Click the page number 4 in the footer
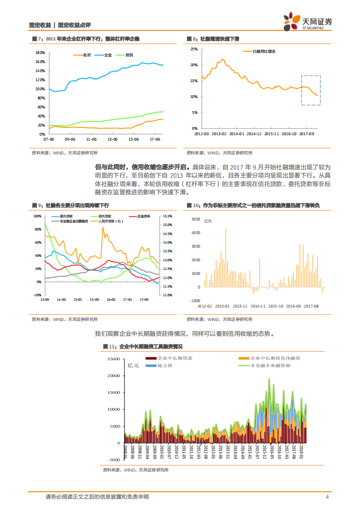[327, 497]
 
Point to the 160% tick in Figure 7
[39, 62]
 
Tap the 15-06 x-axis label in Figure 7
[133, 139]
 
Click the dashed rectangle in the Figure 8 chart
[311, 90]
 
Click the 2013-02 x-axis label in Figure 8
[219, 134]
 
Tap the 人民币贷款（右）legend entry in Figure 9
[110, 221]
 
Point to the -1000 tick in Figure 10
[195, 301]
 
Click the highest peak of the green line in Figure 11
[269, 379]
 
